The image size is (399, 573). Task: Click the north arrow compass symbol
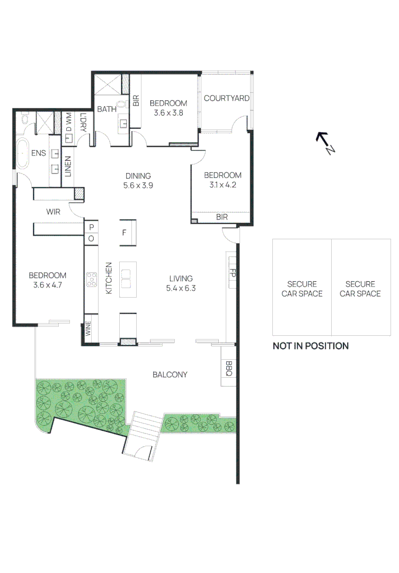(x=325, y=143)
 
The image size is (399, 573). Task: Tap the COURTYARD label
(x=226, y=98)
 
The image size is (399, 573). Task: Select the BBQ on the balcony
(x=228, y=368)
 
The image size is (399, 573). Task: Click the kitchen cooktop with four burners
(x=91, y=280)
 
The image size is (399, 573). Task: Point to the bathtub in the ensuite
(x=23, y=153)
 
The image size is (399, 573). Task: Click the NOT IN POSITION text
(x=311, y=346)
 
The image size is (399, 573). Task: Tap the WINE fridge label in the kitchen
(x=88, y=328)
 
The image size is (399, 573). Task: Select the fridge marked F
(x=125, y=232)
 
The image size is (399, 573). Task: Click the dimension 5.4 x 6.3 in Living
(x=181, y=288)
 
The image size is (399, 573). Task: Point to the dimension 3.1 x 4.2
(x=223, y=185)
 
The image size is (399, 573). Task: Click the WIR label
(x=54, y=212)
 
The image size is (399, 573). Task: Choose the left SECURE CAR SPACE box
(x=302, y=289)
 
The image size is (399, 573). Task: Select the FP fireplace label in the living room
(x=232, y=273)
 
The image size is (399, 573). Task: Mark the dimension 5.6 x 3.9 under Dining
(x=138, y=186)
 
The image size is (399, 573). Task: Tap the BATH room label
(x=107, y=109)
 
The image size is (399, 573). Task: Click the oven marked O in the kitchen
(x=91, y=239)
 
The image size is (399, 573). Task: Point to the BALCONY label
(x=170, y=375)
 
